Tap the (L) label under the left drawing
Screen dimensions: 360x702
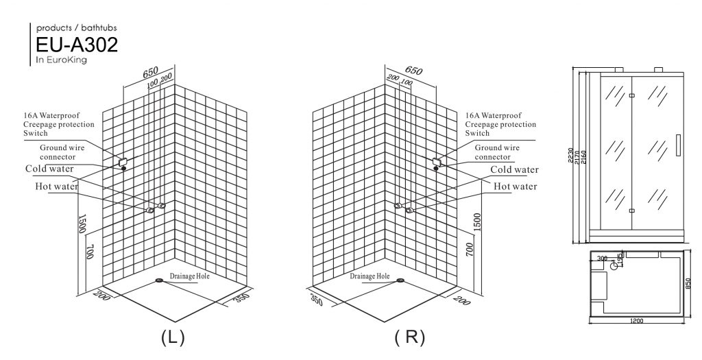click(x=171, y=337)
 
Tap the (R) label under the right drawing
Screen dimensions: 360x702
click(x=410, y=337)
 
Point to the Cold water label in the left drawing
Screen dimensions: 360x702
click(x=50, y=169)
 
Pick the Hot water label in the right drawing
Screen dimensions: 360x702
click(x=516, y=186)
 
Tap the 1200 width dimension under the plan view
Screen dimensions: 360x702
click(x=639, y=320)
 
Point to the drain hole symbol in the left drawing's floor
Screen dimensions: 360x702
click(x=160, y=280)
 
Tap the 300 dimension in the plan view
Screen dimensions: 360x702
click(x=602, y=259)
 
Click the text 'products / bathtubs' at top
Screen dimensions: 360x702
click(x=77, y=27)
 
